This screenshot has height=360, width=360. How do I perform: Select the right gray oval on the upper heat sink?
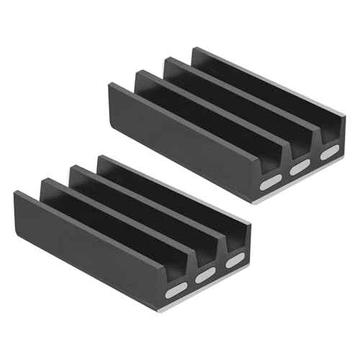point(328,153)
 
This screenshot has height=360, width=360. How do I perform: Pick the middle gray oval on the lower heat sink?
point(205,276)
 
